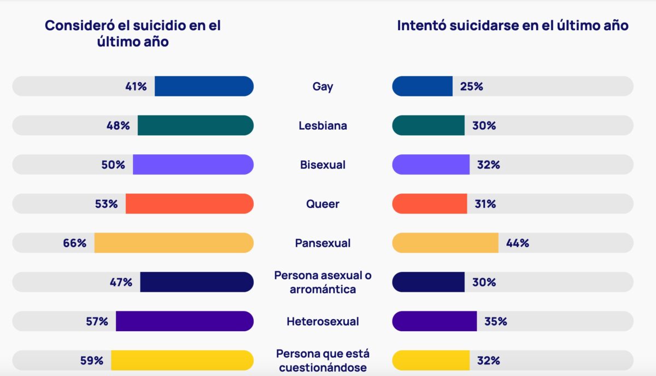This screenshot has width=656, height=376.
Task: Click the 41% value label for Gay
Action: click(x=135, y=86)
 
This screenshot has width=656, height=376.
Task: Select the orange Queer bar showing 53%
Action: click(x=189, y=204)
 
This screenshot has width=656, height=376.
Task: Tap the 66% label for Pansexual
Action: click(x=75, y=243)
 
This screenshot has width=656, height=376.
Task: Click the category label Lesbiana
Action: click(x=323, y=126)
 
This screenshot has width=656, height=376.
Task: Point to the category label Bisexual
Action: click(x=323, y=165)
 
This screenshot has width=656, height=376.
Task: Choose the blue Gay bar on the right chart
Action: click(x=422, y=86)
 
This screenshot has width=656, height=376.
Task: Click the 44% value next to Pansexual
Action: click(x=517, y=243)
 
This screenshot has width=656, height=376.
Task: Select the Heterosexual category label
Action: click(x=323, y=321)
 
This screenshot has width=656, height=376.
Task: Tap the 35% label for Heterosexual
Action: click(x=495, y=321)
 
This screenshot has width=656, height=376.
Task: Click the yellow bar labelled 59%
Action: click(x=182, y=361)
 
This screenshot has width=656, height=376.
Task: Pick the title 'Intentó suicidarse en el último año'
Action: click(x=513, y=26)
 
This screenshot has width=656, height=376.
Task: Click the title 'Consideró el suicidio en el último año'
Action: click(x=133, y=33)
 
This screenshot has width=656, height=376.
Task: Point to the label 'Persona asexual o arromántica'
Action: click(x=323, y=282)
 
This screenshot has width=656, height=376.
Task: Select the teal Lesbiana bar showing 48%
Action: click(x=195, y=126)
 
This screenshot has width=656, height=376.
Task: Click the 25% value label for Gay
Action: click(x=471, y=86)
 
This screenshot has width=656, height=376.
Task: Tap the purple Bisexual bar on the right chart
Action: click(x=431, y=165)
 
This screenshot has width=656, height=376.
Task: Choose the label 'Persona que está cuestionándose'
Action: click(x=323, y=361)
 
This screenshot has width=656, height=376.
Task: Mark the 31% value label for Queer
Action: click(x=485, y=204)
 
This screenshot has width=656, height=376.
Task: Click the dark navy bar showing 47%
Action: click(x=197, y=282)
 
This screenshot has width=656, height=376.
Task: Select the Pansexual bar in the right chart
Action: click(x=445, y=243)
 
